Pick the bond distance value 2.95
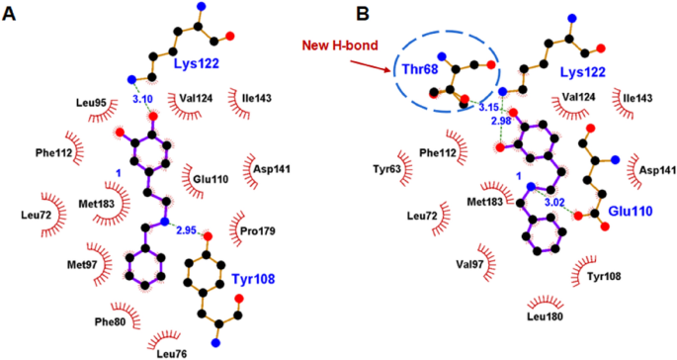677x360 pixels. (x=187, y=229)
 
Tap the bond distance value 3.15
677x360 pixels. (x=488, y=107)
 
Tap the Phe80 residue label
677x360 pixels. (x=111, y=320)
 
